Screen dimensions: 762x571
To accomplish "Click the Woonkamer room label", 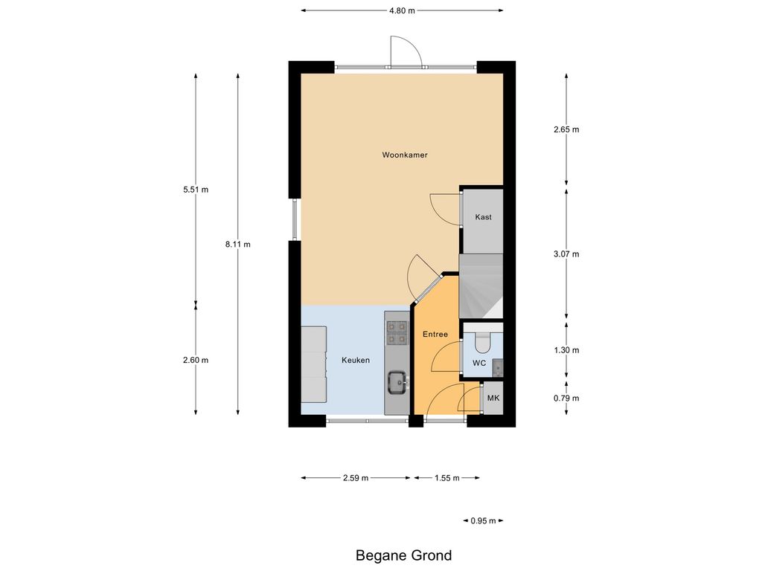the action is coord(404,155).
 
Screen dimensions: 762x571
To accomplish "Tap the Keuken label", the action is coord(355,360).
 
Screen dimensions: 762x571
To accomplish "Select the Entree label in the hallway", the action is coord(435,334).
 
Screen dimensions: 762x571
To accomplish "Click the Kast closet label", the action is coord(483,217).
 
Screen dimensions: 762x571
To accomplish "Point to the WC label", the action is coord(479,363).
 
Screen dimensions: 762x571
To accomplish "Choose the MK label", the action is coord(493,399).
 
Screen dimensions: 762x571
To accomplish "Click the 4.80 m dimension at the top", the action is coord(402,10).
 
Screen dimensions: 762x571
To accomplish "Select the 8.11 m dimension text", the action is coord(237,244).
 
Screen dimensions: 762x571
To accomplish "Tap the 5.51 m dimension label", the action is coord(196,190).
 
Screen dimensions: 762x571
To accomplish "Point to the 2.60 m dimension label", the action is coord(196,360).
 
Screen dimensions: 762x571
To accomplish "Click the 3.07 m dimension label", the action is coord(566,254).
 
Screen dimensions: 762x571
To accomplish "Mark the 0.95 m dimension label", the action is coord(483,520).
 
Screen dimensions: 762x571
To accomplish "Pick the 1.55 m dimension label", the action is coord(446,478).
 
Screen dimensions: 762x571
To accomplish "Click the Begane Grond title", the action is coord(404,555).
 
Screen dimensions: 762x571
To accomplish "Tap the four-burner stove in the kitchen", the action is coord(397,332).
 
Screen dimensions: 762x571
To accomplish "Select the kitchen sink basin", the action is coord(397,382).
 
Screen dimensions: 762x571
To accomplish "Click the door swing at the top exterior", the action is coord(406,51).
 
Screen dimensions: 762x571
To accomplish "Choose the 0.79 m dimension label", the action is coord(566,399).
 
